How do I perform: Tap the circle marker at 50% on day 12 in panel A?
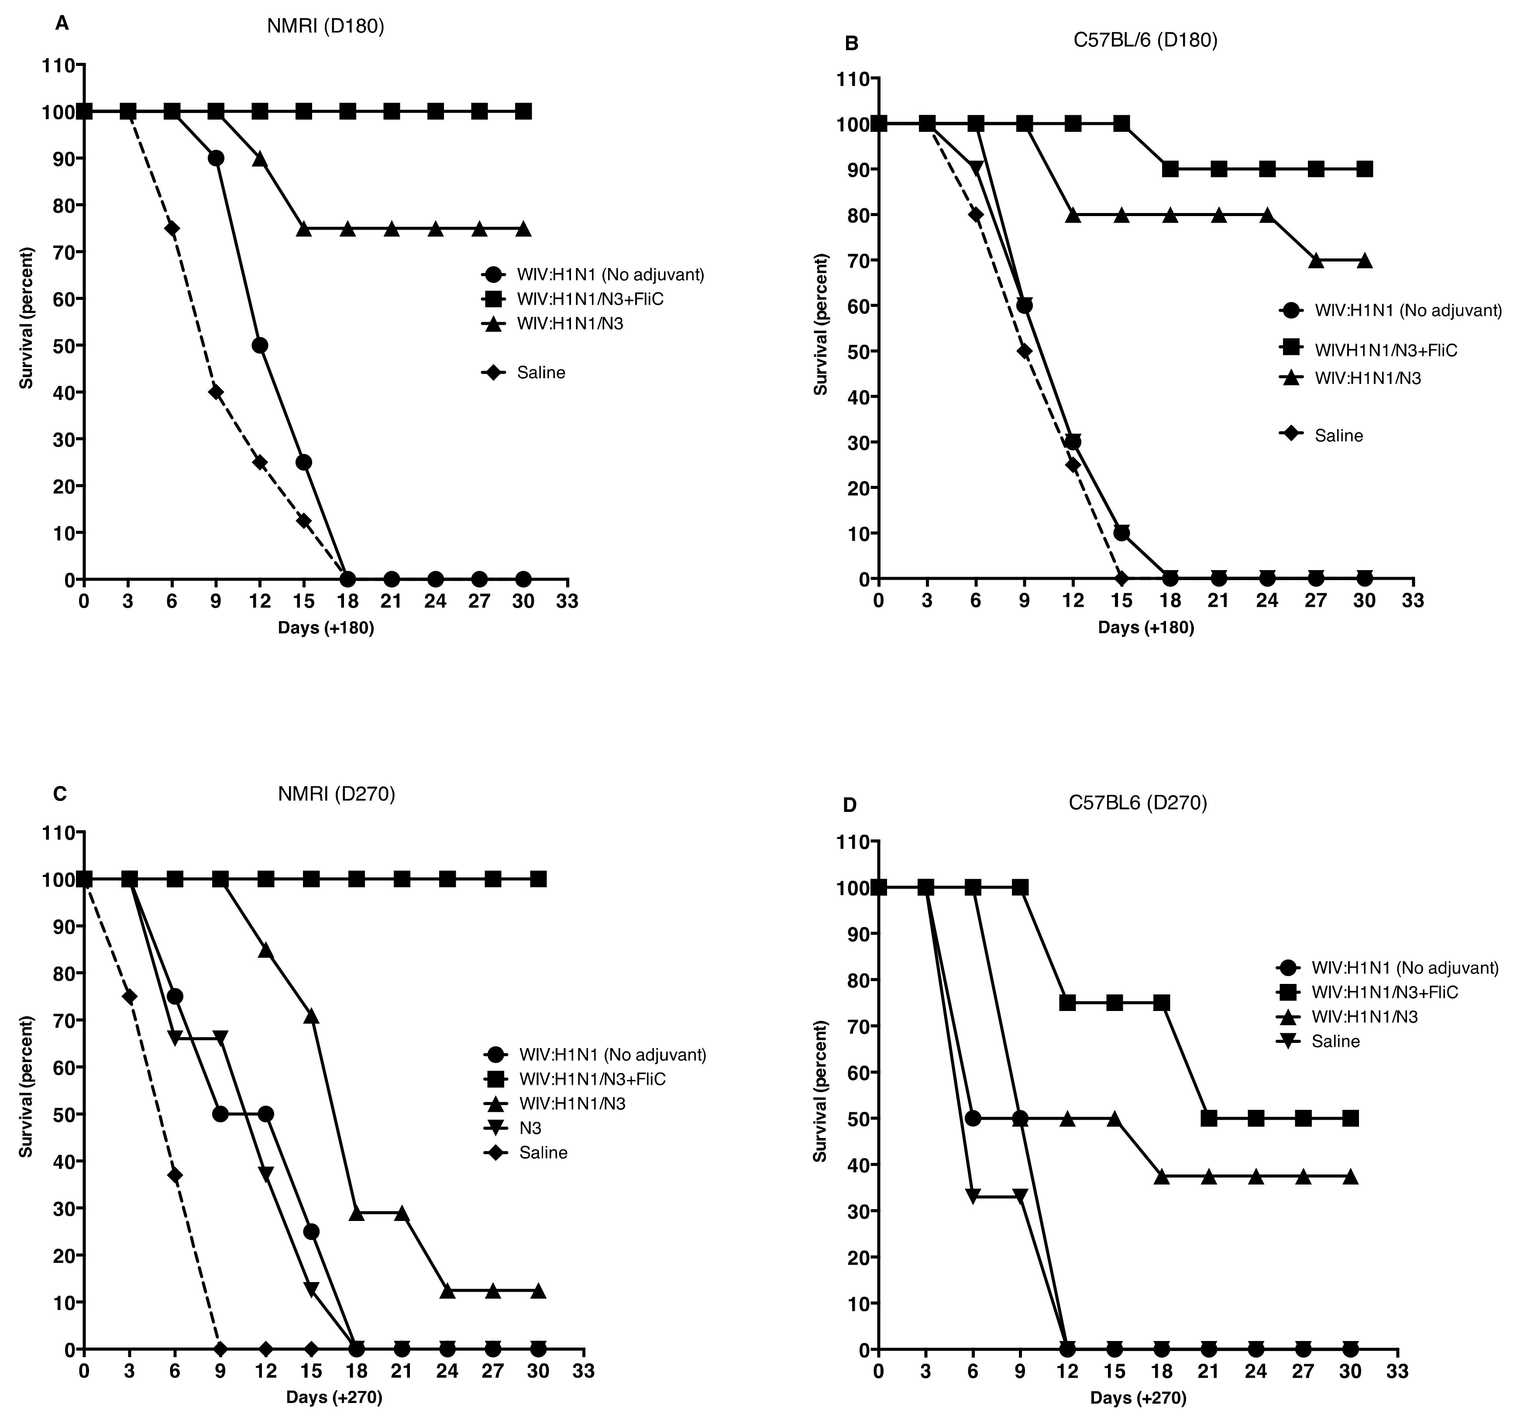(259, 345)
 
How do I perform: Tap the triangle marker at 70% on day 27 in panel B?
(1316, 260)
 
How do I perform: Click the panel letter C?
(59, 794)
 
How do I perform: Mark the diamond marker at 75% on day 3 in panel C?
(129, 997)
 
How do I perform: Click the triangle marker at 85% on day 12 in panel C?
(265, 950)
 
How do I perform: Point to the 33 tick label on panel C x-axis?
(583, 1371)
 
